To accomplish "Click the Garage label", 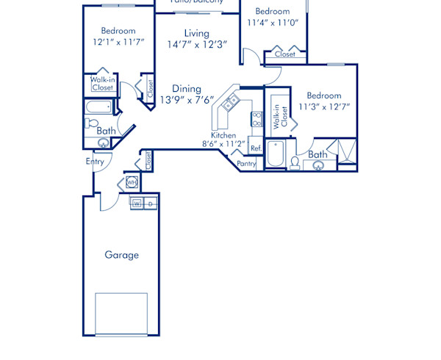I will point(121,255).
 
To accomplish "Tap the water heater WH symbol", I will point(132,181).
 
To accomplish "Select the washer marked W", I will point(137,203).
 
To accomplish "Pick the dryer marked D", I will point(150,203).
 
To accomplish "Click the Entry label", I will point(95,161).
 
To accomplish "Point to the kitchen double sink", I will point(231,103).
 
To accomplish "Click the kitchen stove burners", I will point(257,119).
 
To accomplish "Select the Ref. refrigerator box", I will point(256,148).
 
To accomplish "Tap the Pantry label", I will point(246,164).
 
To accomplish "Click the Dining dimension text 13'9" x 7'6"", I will point(187,100).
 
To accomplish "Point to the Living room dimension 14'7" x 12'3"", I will point(197,44).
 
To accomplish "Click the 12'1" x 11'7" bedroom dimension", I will point(118,42).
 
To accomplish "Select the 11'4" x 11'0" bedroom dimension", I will point(273,23).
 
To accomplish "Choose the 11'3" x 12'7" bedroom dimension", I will point(324,107).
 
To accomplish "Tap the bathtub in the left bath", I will point(98,108).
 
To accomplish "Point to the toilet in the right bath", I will point(295,162).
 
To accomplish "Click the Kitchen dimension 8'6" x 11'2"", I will point(223,145).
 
